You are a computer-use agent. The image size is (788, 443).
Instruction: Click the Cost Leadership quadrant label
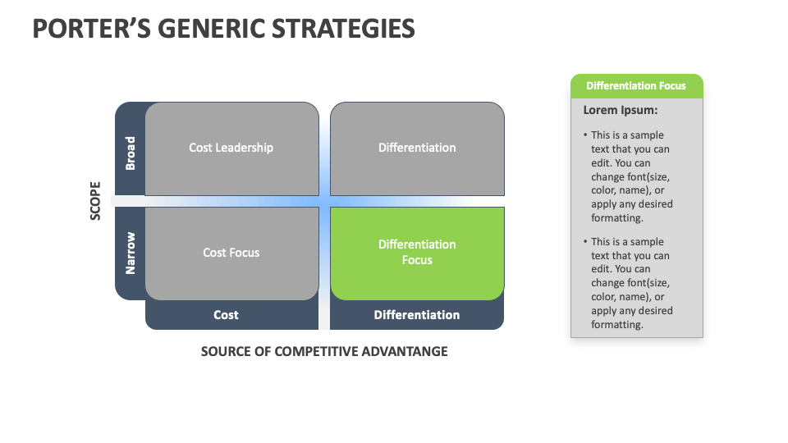coord(231,148)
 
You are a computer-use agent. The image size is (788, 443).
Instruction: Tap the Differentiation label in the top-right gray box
coord(417,148)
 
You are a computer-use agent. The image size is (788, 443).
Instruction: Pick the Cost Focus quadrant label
coord(231,253)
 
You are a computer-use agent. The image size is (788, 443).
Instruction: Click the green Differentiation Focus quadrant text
coord(417,252)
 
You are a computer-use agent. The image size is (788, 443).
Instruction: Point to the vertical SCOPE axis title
coord(95,200)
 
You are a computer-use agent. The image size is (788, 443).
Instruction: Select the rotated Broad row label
coord(130,153)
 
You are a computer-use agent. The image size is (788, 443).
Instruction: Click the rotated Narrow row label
coord(130,253)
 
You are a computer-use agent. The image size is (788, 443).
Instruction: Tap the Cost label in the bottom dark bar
coord(226,315)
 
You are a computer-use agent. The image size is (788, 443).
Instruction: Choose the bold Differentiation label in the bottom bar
coord(417,315)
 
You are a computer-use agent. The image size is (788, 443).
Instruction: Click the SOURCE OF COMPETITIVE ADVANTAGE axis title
coord(324,351)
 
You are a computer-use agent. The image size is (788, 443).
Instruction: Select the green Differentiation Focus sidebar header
coord(636,86)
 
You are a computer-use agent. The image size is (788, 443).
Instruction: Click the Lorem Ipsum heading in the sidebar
coord(621,110)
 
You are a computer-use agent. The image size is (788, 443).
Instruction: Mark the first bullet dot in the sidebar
coord(585,135)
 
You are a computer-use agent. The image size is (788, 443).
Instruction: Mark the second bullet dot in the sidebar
coord(585,242)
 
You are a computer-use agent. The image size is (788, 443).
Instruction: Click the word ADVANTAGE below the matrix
coord(409,351)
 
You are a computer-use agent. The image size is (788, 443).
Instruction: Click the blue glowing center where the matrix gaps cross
coord(324,201)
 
